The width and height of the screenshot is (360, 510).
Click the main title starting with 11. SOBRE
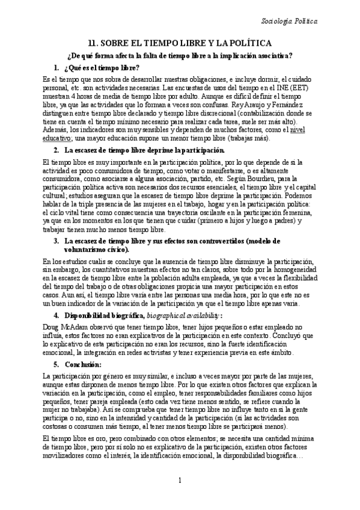click(x=180, y=43)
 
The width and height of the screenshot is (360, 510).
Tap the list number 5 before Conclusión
click(x=56, y=364)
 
